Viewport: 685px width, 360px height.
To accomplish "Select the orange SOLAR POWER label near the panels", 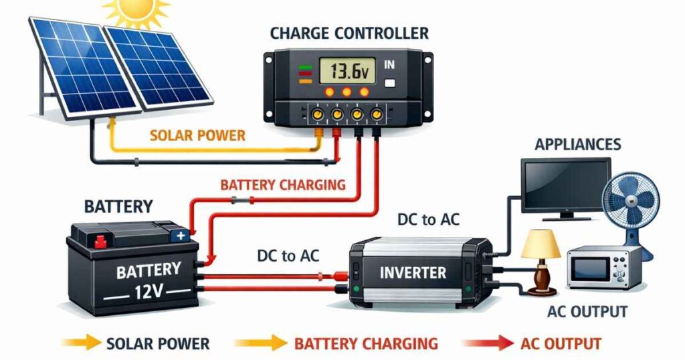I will pos(197,136).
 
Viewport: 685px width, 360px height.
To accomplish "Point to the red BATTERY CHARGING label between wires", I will pos(283,185).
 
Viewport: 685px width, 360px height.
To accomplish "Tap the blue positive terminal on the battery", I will pos(180,236).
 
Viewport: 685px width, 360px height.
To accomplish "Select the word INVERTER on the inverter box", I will pos(413,273).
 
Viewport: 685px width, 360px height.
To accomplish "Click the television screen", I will pos(565,184).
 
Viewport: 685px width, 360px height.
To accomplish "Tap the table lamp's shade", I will pos(541,244).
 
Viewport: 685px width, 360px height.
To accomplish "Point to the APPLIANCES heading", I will pos(578,144).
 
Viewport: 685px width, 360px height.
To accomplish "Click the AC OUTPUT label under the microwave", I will pos(587,312).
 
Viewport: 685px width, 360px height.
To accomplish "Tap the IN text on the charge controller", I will pos(390,66).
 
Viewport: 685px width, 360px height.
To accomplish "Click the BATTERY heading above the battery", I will pos(118,206).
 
